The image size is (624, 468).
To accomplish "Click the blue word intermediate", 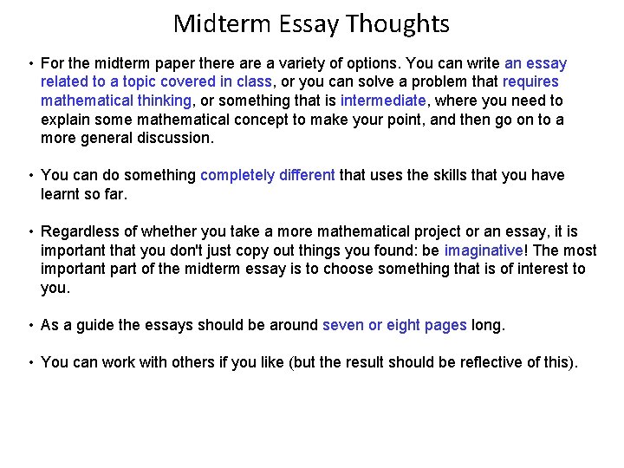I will coord(383,101).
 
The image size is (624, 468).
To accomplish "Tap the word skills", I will coord(441,175).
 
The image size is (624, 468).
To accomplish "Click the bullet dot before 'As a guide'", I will coord(30,326).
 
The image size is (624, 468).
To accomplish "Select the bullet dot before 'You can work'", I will coord(30,363).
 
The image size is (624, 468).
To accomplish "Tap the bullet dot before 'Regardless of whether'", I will coord(30,232).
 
